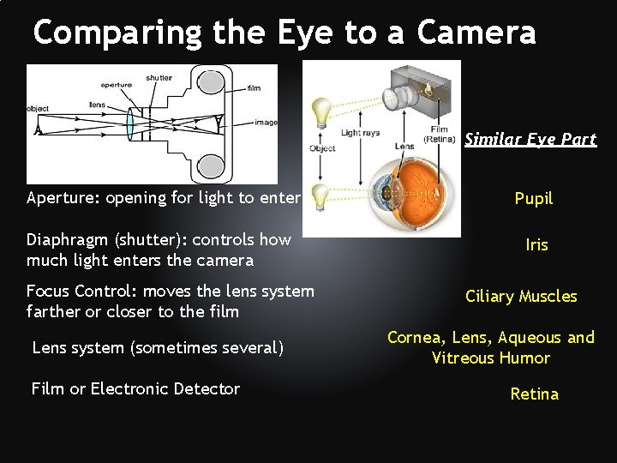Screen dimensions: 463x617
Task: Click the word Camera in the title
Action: click(x=476, y=33)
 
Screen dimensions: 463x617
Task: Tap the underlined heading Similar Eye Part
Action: click(x=530, y=139)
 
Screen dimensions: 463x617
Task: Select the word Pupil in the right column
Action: click(x=534, y=198)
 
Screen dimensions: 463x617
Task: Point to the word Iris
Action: click(x=536, y=244)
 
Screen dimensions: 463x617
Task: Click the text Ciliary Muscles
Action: click(x=521, y=297)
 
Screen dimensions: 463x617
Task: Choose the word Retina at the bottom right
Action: click(x=534, y=394)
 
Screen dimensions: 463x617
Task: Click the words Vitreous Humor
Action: click(x=491, y=358)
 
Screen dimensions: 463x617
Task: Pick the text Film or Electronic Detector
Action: click(x=135, y=388)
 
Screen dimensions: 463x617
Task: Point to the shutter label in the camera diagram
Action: click(x=159, y=78)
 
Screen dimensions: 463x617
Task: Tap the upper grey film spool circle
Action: click(x=211, y=83)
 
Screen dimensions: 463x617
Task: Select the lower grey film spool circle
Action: click(x=211, y=165)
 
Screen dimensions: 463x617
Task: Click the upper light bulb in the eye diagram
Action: click(x=321, y=112)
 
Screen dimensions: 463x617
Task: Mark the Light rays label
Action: click(x=361, y=133)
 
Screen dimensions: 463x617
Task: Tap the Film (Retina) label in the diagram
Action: click(x=440, y=135)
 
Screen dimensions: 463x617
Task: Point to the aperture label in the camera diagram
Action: click(x=116, y=85)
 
